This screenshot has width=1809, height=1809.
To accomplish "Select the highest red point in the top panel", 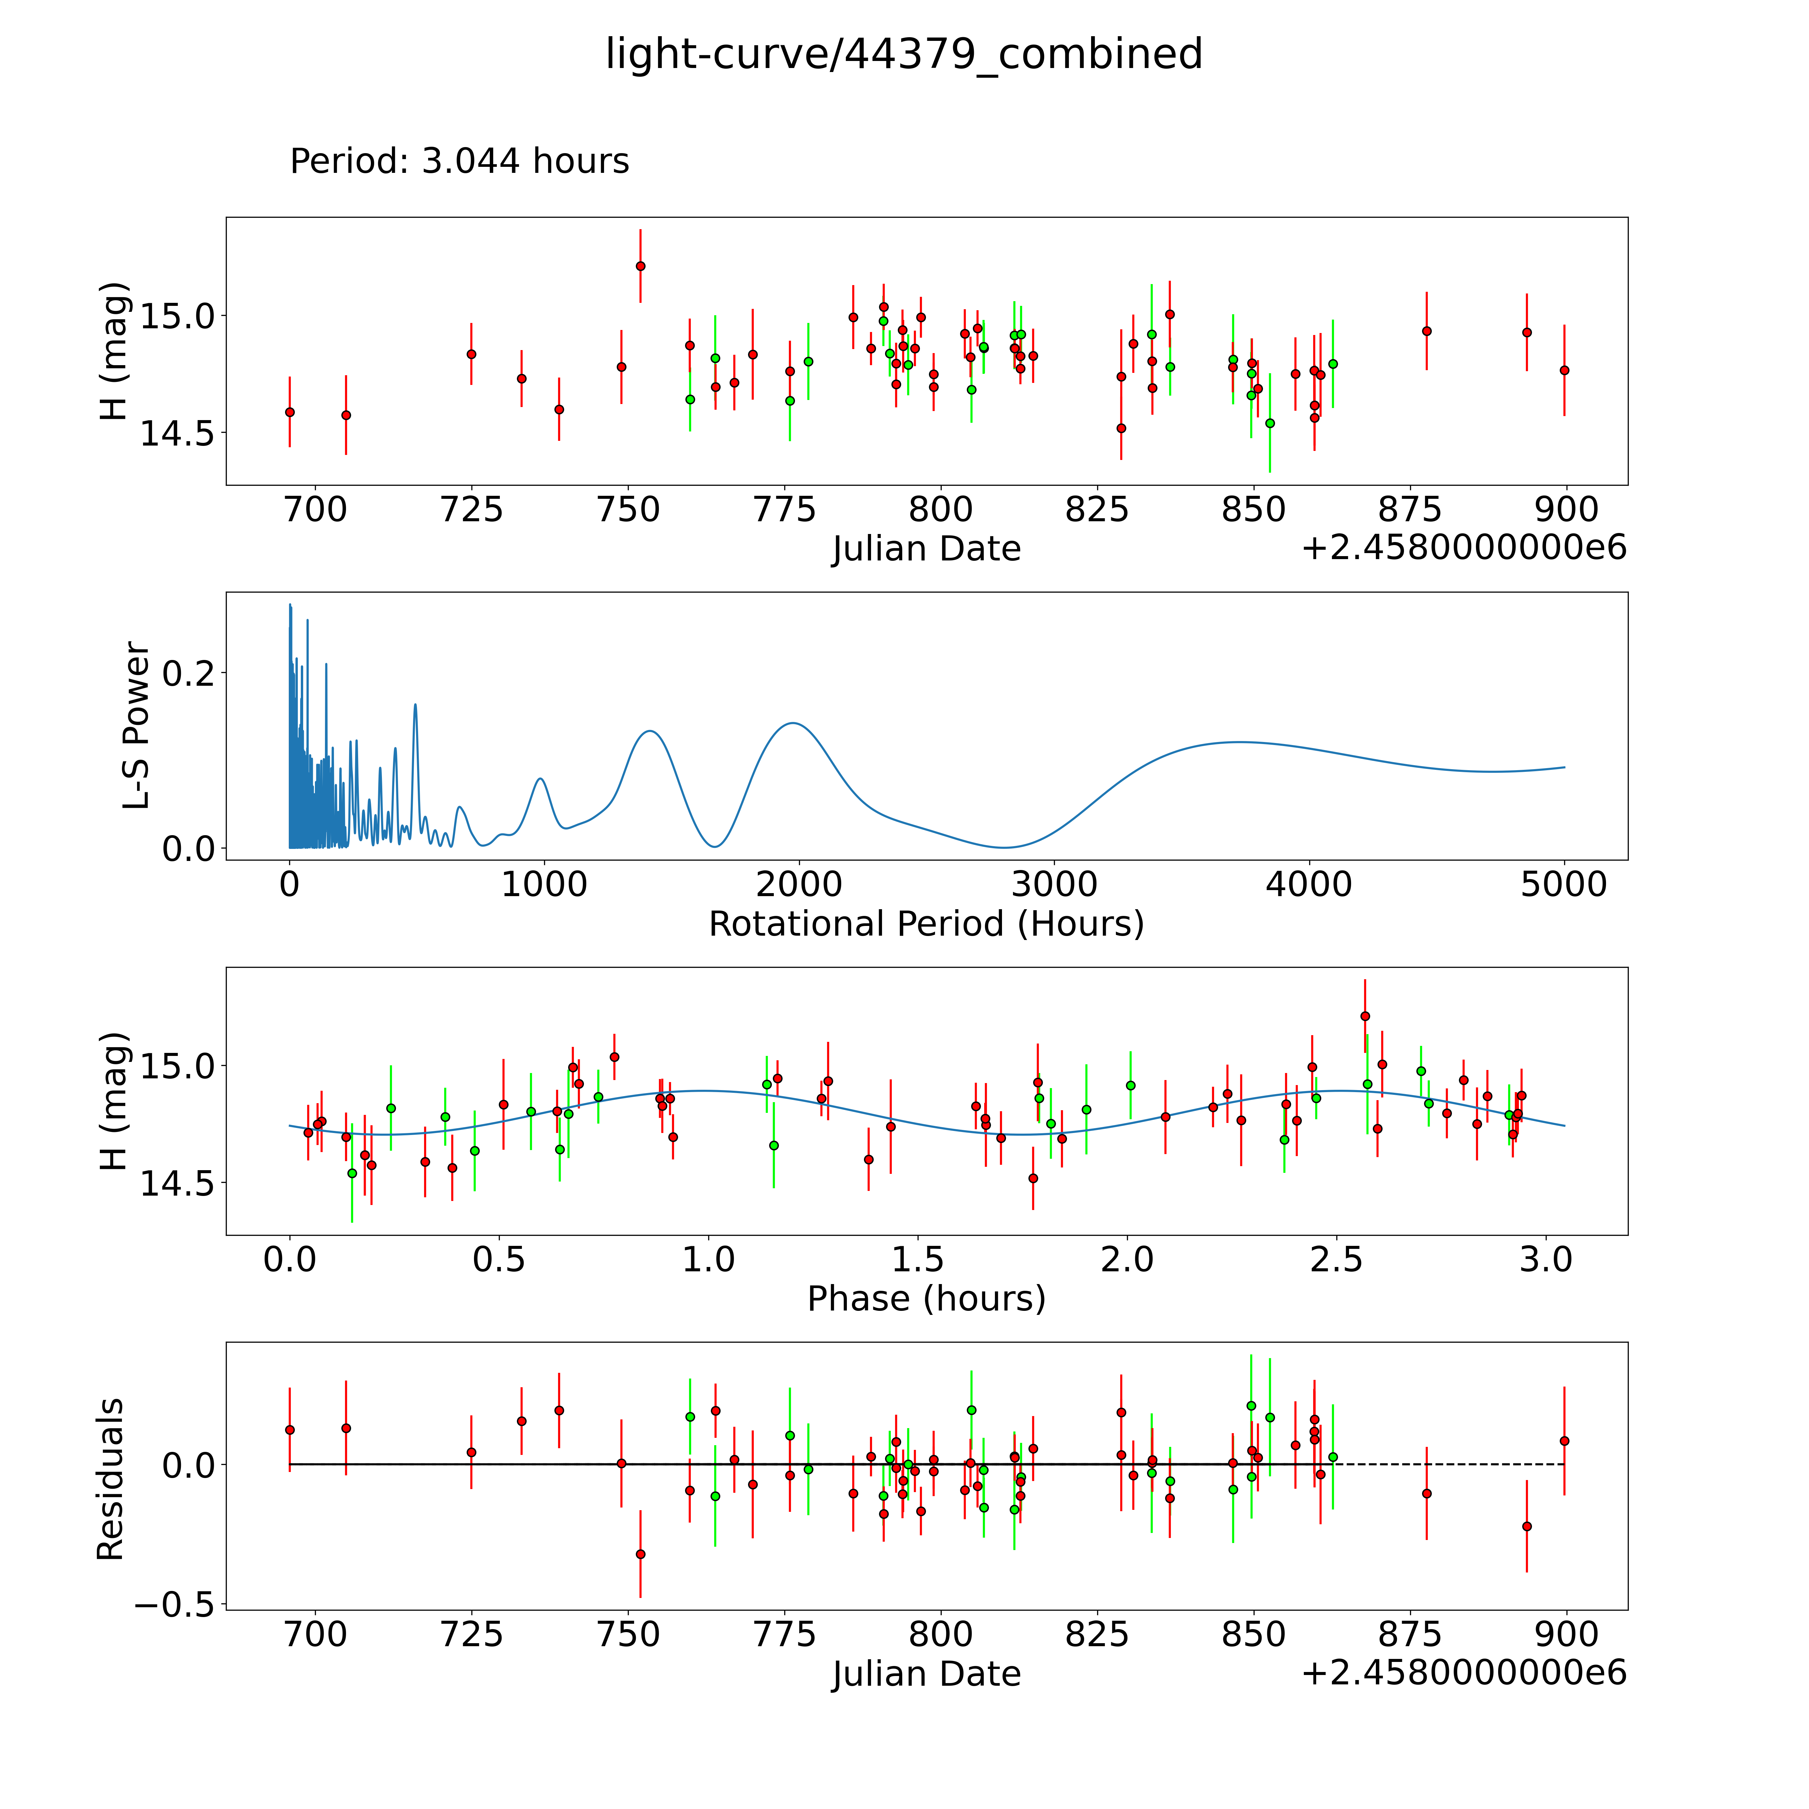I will pos(641,266).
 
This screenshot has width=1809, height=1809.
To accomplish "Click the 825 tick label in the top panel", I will pos(1096,510).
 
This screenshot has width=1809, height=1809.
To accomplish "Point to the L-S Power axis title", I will pos(137,726).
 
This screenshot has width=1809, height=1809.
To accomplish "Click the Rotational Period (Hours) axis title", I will pos(926,924).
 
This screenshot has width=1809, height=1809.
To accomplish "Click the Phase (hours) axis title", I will pos(926,1299).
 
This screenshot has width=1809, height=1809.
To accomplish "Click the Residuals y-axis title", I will pos(111,1479).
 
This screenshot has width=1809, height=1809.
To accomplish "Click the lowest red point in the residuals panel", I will pos(641,1554).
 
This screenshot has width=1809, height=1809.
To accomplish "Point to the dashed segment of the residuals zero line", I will pos(1451,1464).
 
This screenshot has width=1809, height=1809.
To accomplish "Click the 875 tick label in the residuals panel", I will pos(1409,1635).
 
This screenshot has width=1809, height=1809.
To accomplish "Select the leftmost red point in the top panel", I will pos(290,412).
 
